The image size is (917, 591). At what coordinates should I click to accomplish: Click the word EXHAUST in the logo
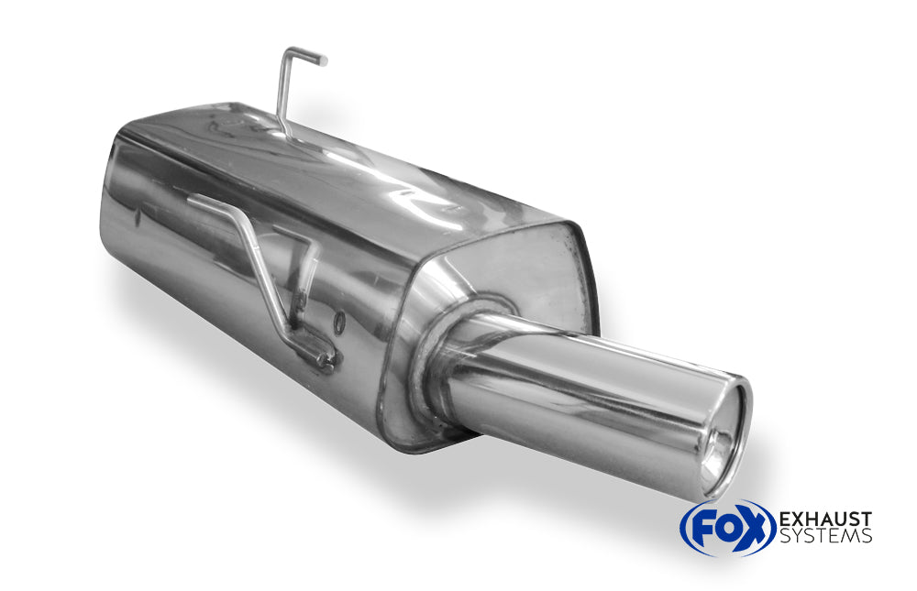(824, 520)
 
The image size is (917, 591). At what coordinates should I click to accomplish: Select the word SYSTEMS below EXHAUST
(824, 537)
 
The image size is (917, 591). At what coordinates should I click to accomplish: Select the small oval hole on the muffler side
(338, 322)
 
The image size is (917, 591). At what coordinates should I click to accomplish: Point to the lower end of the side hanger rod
(323, 358)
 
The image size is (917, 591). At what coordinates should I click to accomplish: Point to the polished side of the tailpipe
(587, 403)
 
